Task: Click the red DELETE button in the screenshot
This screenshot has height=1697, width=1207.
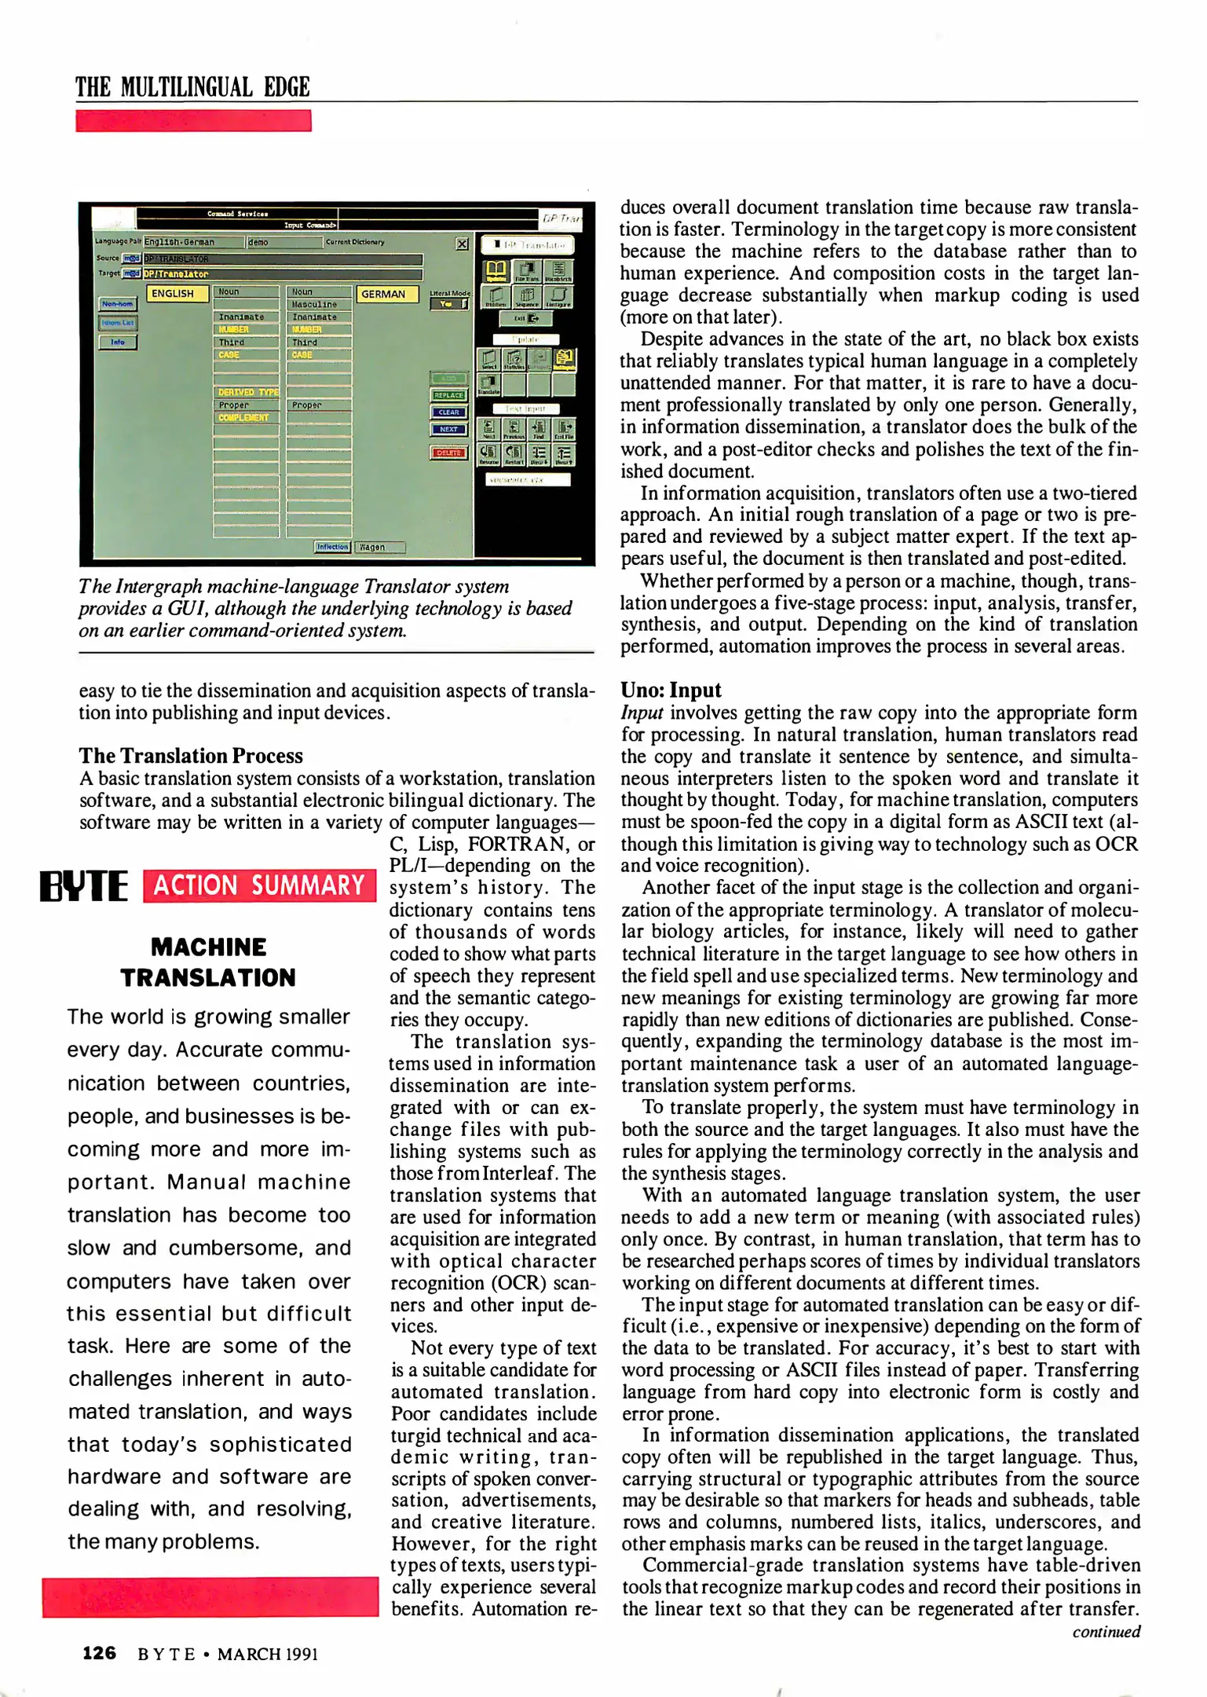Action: [x=448, y=453]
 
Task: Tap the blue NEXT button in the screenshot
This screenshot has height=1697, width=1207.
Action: [x=448, y=430]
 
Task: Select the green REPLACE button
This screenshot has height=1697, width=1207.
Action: [x=448, y=395]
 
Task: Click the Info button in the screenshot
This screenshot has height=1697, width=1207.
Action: [x=118, y=343]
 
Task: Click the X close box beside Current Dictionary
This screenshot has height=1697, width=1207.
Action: [x=462, y=244]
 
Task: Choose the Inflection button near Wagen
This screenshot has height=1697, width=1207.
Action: [x=332, y=547]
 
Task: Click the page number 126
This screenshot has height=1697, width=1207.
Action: [x=100, y=1653]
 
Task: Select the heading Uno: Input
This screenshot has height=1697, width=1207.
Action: [x=671, y=690]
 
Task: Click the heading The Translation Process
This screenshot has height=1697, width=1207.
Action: [x=191, y=756]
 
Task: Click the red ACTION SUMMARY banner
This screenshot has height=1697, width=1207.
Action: [x=259, y=886]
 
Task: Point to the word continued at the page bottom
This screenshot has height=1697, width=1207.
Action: [x=1106, y=1632]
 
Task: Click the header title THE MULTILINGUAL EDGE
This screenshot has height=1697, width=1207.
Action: [x=193, y=87]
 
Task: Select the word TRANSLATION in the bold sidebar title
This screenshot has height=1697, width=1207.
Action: [x=208, y=977]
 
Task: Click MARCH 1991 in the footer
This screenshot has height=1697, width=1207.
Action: [x=267, y=1654]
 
